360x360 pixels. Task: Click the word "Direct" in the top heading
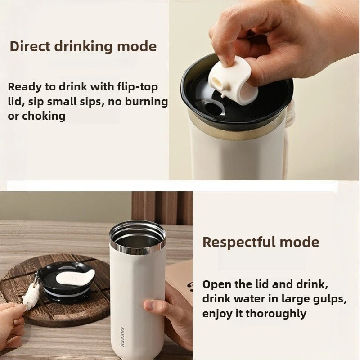coord(30,46)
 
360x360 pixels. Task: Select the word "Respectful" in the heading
coord(238,242)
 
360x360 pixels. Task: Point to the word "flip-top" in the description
coord(137,87)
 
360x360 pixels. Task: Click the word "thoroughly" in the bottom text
coord(277,313)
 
